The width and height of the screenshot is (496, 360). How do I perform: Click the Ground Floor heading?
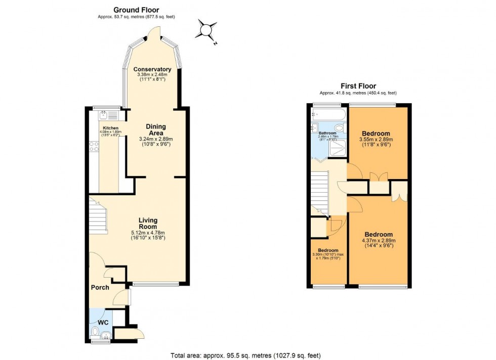[x=136, y=10]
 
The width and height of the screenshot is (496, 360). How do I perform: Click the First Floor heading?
[x=358, y=86]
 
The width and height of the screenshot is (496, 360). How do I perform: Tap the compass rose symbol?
[x=208, y=30]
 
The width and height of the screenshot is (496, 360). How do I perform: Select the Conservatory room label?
[x=152, y=69]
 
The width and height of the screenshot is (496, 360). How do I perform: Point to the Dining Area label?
[x=156, y=129]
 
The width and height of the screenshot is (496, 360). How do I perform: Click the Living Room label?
[x=148, y=223]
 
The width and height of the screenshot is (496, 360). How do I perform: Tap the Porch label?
[x=100, y=288]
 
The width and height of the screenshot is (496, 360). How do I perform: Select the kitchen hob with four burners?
[x=94, y=147]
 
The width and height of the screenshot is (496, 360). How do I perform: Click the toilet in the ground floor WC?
[x=95, y=332]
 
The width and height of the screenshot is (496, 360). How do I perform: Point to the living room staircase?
[x=99, y=215]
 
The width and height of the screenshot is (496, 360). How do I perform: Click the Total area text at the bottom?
[x=247, y=355]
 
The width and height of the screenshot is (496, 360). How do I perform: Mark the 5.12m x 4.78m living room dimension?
[x=148, y=233]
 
